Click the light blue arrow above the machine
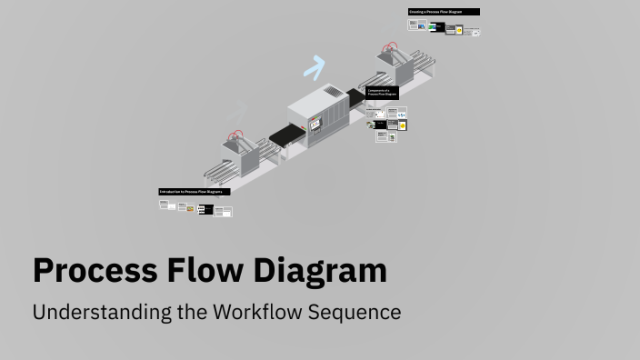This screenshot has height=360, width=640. (315, 66)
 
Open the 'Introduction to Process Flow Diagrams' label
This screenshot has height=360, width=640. (195, 192)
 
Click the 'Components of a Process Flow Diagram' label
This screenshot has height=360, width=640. (383, 92)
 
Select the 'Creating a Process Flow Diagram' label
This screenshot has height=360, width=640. (444, 12)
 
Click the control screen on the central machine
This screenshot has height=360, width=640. (315, 123)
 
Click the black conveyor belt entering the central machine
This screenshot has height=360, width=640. (285, 137)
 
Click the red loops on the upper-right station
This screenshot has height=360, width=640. (391, 46)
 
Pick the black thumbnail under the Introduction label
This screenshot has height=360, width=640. (205, 210)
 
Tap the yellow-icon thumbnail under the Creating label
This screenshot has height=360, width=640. (459, 30)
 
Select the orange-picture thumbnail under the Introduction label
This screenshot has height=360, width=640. (191, 208)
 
